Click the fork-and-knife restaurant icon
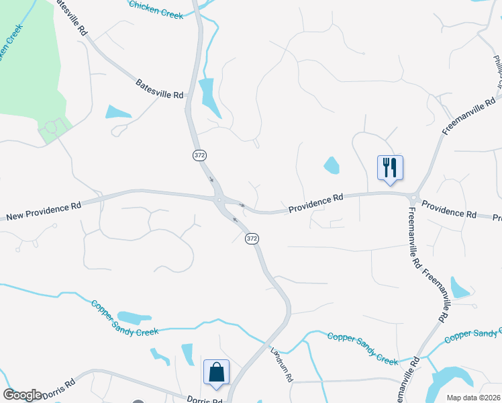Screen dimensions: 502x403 click(391, 167)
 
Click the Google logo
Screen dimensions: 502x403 click(21, 395)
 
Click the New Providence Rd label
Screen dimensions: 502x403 click(44, 210)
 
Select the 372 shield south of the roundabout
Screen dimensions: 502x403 click(251, 238)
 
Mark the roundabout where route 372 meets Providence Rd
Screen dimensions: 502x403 click(219, 199)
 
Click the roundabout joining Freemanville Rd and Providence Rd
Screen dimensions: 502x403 click(413, 197)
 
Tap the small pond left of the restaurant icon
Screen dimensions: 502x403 click(332, 165)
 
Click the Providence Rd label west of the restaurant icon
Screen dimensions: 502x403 click(316, 204)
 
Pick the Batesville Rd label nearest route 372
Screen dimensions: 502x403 click(160, 90)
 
